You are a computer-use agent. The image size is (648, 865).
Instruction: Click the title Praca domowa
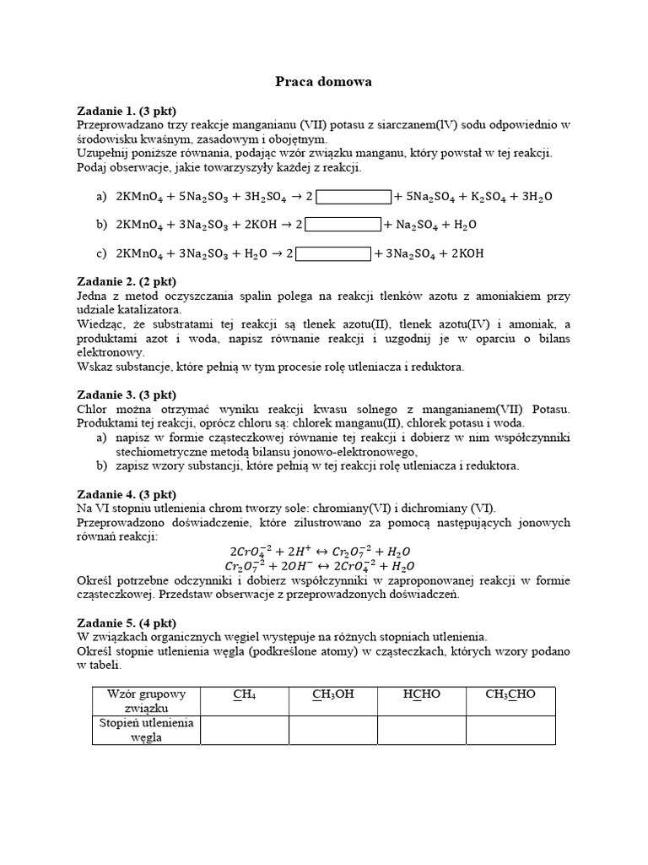pos(324,82)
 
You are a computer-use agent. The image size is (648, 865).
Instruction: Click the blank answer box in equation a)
pos(354,197)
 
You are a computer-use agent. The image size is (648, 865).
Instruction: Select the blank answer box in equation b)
pos(343,225)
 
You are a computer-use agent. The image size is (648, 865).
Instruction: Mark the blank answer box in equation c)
pos(333,253)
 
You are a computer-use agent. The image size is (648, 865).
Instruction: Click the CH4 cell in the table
pos(245,694)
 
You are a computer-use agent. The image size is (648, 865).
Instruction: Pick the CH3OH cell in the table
pos(332,694)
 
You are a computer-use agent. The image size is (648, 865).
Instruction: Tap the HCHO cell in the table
pos(421,694)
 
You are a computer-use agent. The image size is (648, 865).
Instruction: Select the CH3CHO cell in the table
pos(510,694)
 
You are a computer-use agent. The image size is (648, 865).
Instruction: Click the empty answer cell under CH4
pos(245,730)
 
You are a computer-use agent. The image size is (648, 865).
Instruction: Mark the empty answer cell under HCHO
pos(421,730)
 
